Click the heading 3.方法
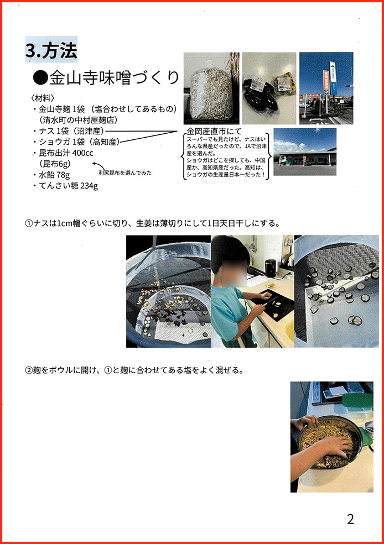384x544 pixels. [51, 50]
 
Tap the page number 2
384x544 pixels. [350, 519]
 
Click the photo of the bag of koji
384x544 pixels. [211, 88]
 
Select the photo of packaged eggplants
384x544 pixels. [269, 88]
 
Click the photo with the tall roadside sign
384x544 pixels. [326, 88]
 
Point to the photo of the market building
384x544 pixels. [305, 152]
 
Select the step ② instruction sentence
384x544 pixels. [134, 370]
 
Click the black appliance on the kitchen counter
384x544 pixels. [270, 267]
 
